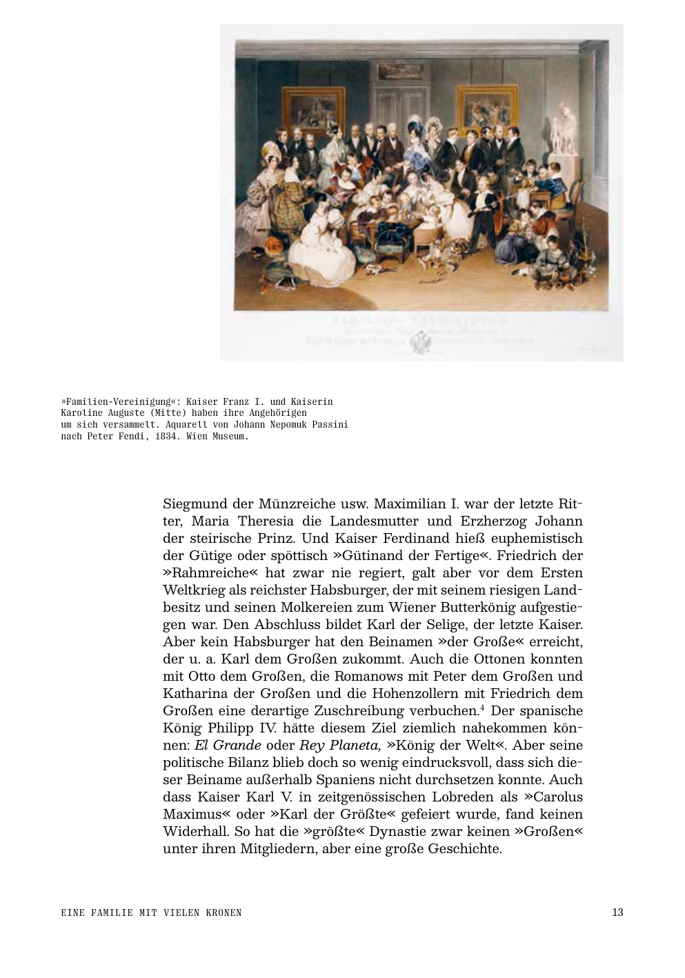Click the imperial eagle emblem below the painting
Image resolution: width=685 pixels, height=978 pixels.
pyautogui.click(x=421, y=341)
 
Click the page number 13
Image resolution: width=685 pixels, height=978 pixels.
pyautogui.click(x=617, y=912)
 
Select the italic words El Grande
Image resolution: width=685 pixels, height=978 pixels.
pyautogui.click(x=228, y=745)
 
